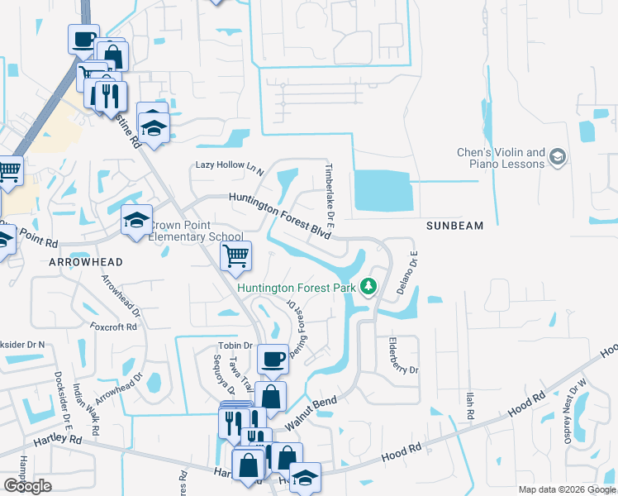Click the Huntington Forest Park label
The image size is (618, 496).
(x=297, y=288)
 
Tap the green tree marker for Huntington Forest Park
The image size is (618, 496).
(x=368, y=288)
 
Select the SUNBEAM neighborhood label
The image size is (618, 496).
(x=454, y=225)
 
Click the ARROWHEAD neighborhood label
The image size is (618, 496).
(x=86, y=261)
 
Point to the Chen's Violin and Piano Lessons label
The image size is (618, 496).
(x=502, y=158)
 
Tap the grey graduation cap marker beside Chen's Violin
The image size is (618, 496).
(x=559, y=157)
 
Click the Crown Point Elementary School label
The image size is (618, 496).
(x=197, y=231)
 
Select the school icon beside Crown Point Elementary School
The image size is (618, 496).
(x=137, y=220)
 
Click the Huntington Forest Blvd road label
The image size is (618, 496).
(x=280, y=214)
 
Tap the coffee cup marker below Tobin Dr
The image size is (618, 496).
(x=273, y=359)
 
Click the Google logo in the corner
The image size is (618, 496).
(x=27, y=486)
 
